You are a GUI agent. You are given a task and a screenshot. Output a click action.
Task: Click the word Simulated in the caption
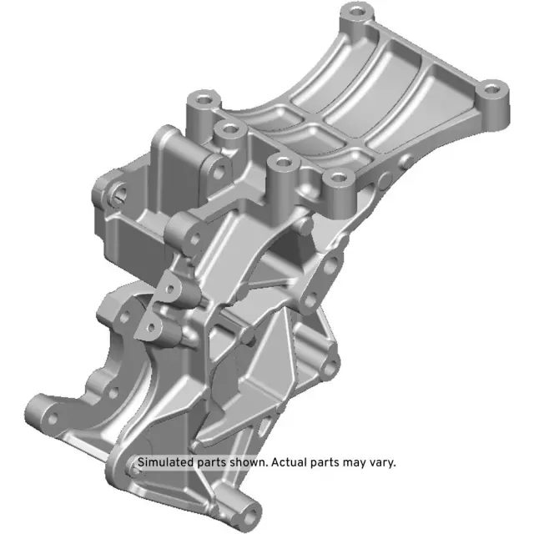pyautogui.click(x=164, y=461)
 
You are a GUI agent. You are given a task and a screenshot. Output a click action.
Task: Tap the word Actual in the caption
pyautogui.click(x=288, y=461)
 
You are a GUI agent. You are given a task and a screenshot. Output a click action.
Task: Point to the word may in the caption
pyautogui.click(x=354, y=461)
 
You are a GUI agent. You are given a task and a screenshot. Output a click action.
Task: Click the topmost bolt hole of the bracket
pyautogui.click(x=358, y=13)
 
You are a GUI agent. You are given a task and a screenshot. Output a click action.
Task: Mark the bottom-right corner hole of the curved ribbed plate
pyautogui.click(x=337, y=178)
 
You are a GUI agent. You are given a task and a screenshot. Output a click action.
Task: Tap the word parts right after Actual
pyautogui.click(x=325, y=461)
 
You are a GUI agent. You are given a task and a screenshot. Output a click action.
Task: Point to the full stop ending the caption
pyautogui.click(x=395, y=465)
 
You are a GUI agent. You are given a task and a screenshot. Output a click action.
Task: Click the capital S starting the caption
pyautogui.click(x=141, y=461)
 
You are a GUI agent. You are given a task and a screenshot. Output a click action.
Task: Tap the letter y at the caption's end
pyautogui.click(x=390, y=463)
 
